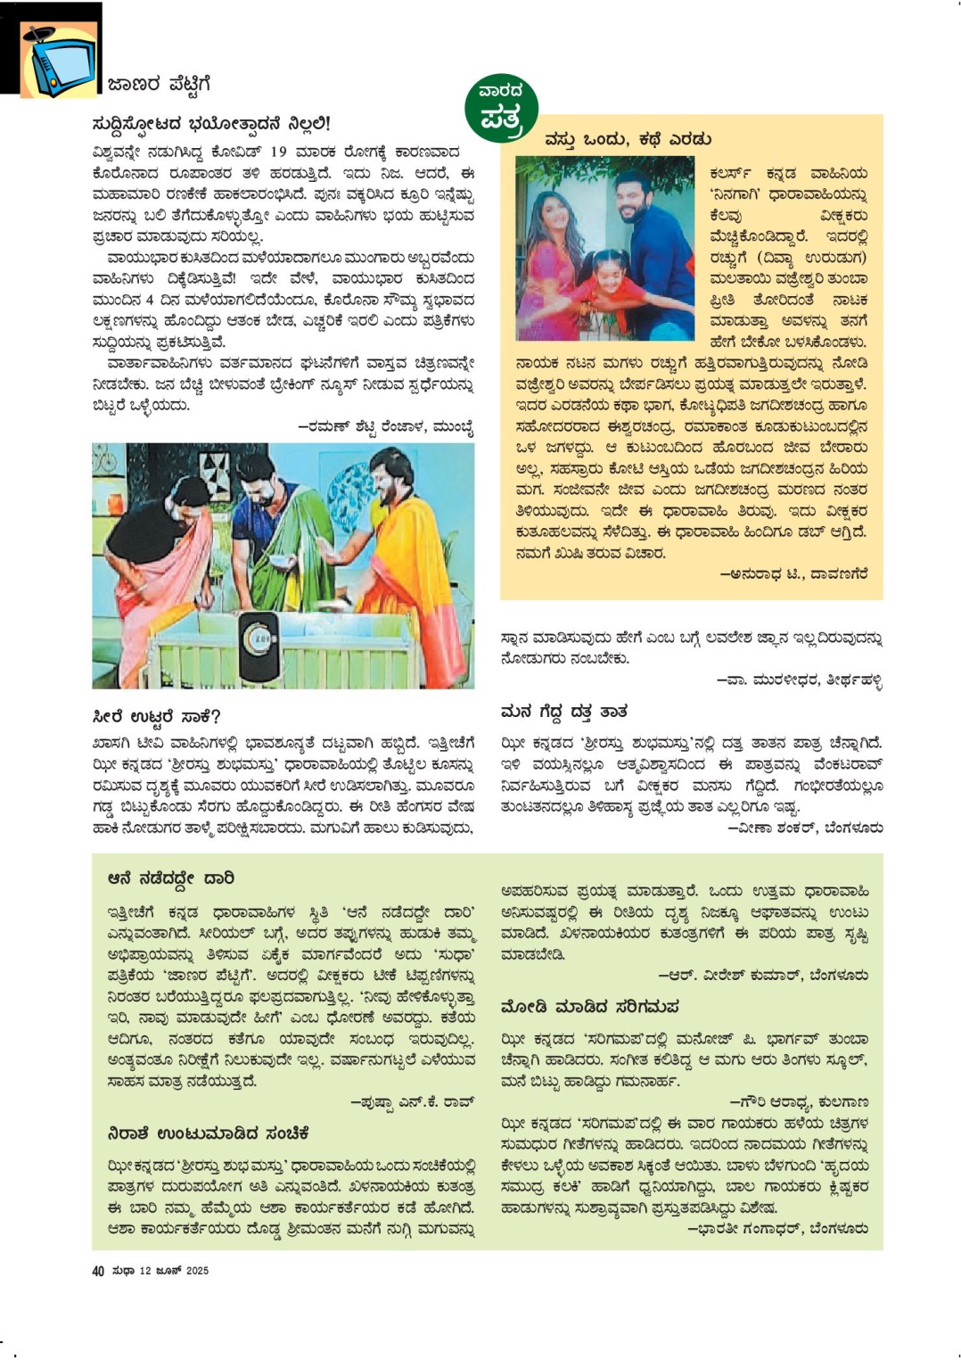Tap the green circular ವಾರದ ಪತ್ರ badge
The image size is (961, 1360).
pyautogui.click(x=501, y=108)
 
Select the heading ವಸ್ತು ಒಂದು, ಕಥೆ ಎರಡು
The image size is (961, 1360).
pyautogui.click(x=628, y=140)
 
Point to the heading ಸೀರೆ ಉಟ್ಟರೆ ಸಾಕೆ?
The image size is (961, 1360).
pyautogui.click(x=156, y=717)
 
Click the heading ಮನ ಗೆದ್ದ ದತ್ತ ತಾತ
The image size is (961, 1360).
pyautogui.click(x=563, y=712)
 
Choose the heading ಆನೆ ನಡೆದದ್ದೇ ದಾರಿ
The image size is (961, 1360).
pyautogui.click(x=170, y=878)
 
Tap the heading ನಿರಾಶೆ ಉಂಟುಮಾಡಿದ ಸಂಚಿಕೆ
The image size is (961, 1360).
pyautogui.click(x=208, y=1133)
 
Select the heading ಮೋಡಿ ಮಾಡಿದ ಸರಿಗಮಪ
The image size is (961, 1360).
pyautogui.click(x=589, y=1007)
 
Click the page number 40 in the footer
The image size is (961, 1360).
pyautogui.click(x=98, y=1271)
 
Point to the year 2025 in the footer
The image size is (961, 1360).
pyautogui.click(x=197, y=1271)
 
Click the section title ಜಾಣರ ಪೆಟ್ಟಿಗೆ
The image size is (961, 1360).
pyautogui.click(x=159, y=85)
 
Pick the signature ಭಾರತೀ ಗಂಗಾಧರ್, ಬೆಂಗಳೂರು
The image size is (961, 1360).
pyautogui.click(x=779, y=1229)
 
